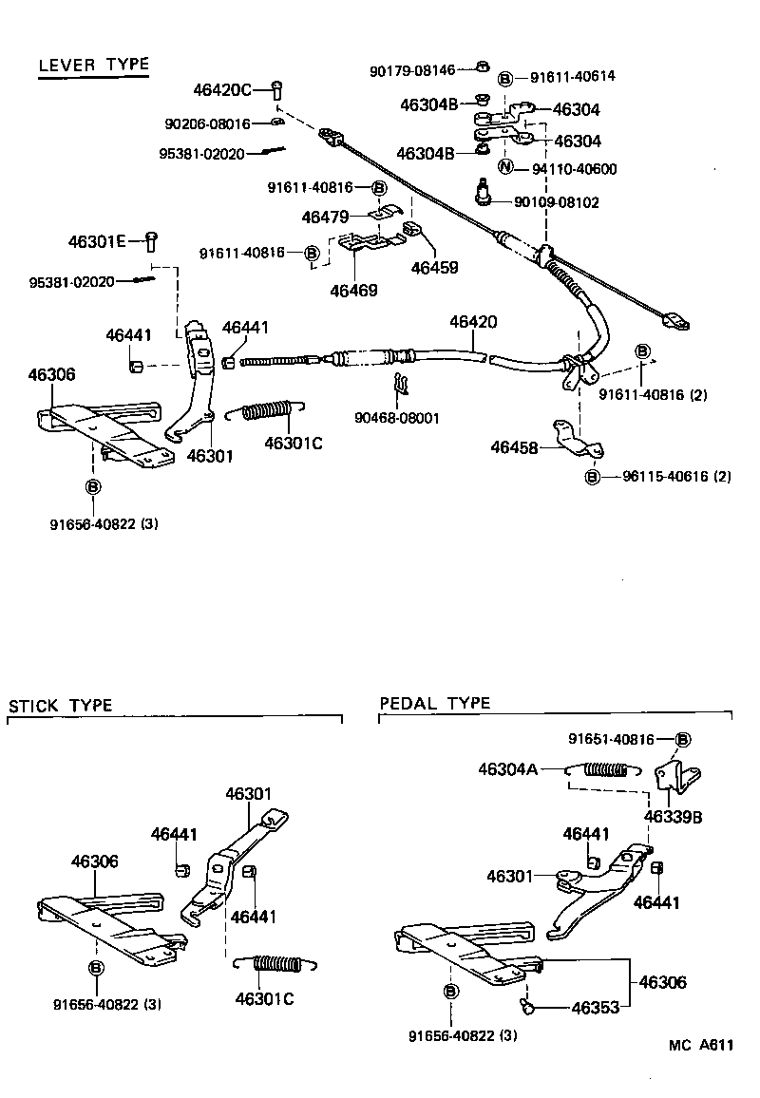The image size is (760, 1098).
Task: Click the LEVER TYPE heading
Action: [x=93, y=65]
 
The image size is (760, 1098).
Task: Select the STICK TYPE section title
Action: [x=61, y=706]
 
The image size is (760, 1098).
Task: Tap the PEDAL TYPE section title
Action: [x=435, y=704]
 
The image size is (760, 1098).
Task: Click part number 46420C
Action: [x=221, y=90]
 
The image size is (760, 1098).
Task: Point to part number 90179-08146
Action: [x=413, y=69]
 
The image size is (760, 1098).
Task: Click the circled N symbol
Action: [x=505, y=168]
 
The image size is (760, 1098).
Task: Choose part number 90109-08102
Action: [x=557, y=202]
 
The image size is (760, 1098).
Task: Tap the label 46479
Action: [x=325, y=217]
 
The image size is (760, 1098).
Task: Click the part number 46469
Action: [x=353, y=291]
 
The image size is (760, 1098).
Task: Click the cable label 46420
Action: [x=474, y=322]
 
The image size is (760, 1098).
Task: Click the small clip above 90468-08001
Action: [x=401, y=384]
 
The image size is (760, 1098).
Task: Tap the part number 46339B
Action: [x=673, y=817]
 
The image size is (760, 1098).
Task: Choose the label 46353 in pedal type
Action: [x=595, y=1008]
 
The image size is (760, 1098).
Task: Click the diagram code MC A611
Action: [x=701, y=1045]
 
